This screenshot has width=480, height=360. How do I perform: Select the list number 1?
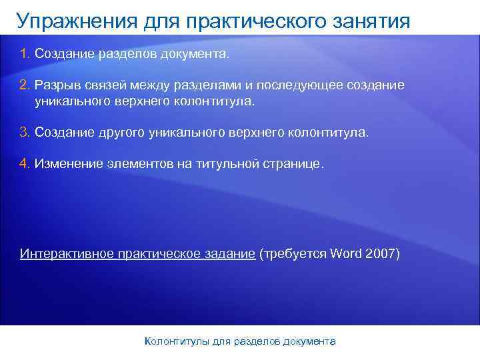click(25, 54)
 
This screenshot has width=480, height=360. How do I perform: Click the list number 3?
click(25, 132)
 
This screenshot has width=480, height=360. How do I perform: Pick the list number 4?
click(25, 164)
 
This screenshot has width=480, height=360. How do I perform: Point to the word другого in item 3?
click(117, 132)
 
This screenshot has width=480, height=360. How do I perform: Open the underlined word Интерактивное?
click(65, 254)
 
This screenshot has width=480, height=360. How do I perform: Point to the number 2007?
click(383, 254)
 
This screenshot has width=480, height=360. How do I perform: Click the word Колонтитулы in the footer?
click(177, 341)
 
